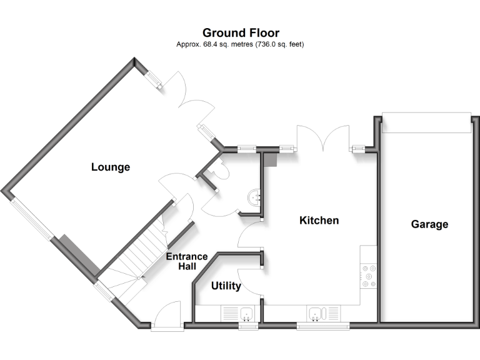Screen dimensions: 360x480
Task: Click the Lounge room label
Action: pos(111,167)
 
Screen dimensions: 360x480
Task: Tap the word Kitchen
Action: pos(319,220)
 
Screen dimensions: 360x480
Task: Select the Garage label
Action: pos(429,224)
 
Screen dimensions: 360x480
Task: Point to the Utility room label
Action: pos(226,286)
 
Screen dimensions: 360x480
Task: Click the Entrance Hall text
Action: pos(186,261)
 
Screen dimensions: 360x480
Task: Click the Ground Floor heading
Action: pos(241,32)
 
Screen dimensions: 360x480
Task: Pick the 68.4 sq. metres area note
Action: pos(241,44)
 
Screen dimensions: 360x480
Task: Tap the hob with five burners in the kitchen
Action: pos(369,275)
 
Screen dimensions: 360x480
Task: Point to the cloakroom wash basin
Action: pos(254,197)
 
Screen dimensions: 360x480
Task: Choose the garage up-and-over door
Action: pos(426,123)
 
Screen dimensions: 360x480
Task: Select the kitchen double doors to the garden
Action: pos(323,137)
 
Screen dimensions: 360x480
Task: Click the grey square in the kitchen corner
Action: pos(269,160)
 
